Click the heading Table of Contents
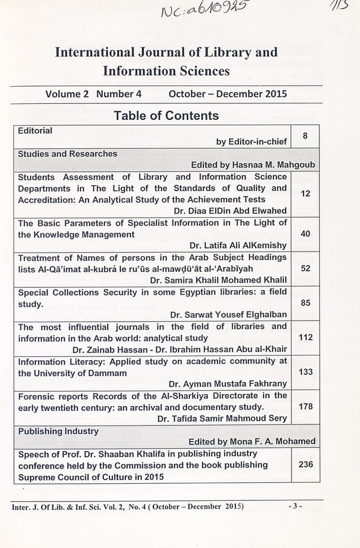pyautogui.click(x=166, y=116)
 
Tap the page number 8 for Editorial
pyautogui.click(x=305, y=136)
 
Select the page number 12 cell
pyautogui.click(x=305, y=194)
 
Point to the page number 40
pyautogui.click(x=305, y=234)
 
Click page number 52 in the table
pyautogui.click(x=305, y=268)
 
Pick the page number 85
pyautogui.click(x=305, y=303)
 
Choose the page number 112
pyautogui.click(x=305, y=338)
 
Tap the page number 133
pyautogui.click(x=305, y=372)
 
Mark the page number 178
pyautogui.click(x=305, y=407)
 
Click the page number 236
pyautogui.click(x=305, y=465)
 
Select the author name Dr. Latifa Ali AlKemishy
pyautogui.click(x=238, y=246)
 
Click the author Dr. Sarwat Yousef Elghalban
pyautogui.click(x=228, y=315)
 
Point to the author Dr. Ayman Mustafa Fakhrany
pyautogui.click(x=227, y=384)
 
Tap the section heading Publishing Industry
pyautogui.click(x=58, y=431)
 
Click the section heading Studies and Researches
pyautogui.click(x=67, y=154)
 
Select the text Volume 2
pyautogui.click(x=67, y=94)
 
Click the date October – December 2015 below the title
pyautogui.click(x=227, y=94)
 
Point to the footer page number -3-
pyautogui.click(x=295, y=506)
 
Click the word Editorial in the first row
pyautogui.click(x=35, y=131)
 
